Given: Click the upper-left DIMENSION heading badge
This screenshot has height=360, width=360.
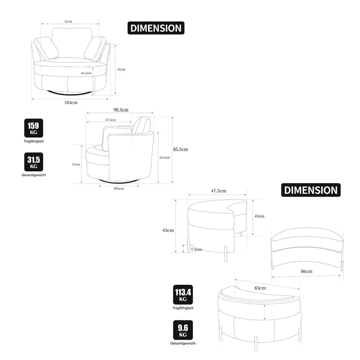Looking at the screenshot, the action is coord(156,28).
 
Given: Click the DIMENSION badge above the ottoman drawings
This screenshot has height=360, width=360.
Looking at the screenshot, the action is coord(311,190).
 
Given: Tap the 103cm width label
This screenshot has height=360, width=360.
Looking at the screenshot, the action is coord(71,103).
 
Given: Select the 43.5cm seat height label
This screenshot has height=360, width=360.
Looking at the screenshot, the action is coord(86,73).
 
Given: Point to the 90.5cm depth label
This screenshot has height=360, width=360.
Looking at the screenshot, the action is coord(121,110).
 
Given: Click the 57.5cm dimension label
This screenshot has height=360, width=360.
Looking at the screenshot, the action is coord(110,120).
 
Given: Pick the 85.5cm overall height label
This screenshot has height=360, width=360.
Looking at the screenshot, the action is coord(180,149).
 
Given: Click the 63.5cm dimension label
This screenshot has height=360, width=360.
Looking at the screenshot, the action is coord(165,157).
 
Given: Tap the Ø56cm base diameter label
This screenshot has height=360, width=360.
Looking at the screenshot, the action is coord(119,189).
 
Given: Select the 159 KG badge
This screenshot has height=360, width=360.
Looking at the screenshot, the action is coord(33,128).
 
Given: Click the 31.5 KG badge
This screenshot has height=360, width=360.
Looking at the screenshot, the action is coord(33,162).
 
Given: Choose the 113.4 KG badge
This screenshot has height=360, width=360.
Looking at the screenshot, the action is coord(183,295).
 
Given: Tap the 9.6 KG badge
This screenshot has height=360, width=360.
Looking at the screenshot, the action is coord(183,330).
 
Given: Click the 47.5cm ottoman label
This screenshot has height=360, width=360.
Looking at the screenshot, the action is coord(219,191).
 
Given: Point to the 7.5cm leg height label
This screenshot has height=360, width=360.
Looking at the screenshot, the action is coord(196,249).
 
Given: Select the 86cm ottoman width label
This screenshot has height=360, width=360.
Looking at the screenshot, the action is coord(306,271).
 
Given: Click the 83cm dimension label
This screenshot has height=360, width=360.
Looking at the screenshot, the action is coord(260,288).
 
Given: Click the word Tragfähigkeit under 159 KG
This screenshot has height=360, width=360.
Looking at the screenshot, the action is coord(34,141).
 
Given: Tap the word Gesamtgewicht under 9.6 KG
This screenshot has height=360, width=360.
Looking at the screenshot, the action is coord(183,343).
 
